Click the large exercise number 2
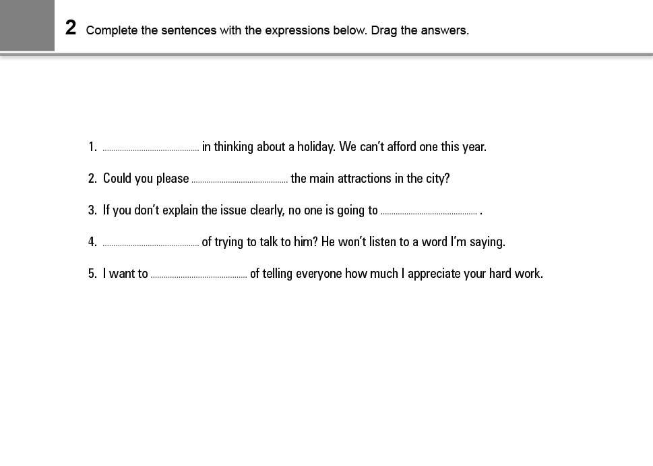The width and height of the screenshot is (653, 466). click(x=71, y=28)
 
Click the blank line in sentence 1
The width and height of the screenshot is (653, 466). click(x=151, y=148)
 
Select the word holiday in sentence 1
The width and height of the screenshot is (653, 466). click(x=315, y=146)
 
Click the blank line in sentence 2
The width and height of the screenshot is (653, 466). click(x=239, y=180)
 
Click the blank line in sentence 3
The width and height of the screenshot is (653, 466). click(x=429, y=212)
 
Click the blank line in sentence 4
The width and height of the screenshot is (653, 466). click(x=151, y=243)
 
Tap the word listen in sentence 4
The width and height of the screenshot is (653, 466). click(x=383, y=241)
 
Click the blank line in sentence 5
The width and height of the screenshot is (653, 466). click(x=199, y=275)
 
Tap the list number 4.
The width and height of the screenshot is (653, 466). click(x=92, y=241)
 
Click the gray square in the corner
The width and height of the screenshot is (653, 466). click(x=27, y=25)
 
